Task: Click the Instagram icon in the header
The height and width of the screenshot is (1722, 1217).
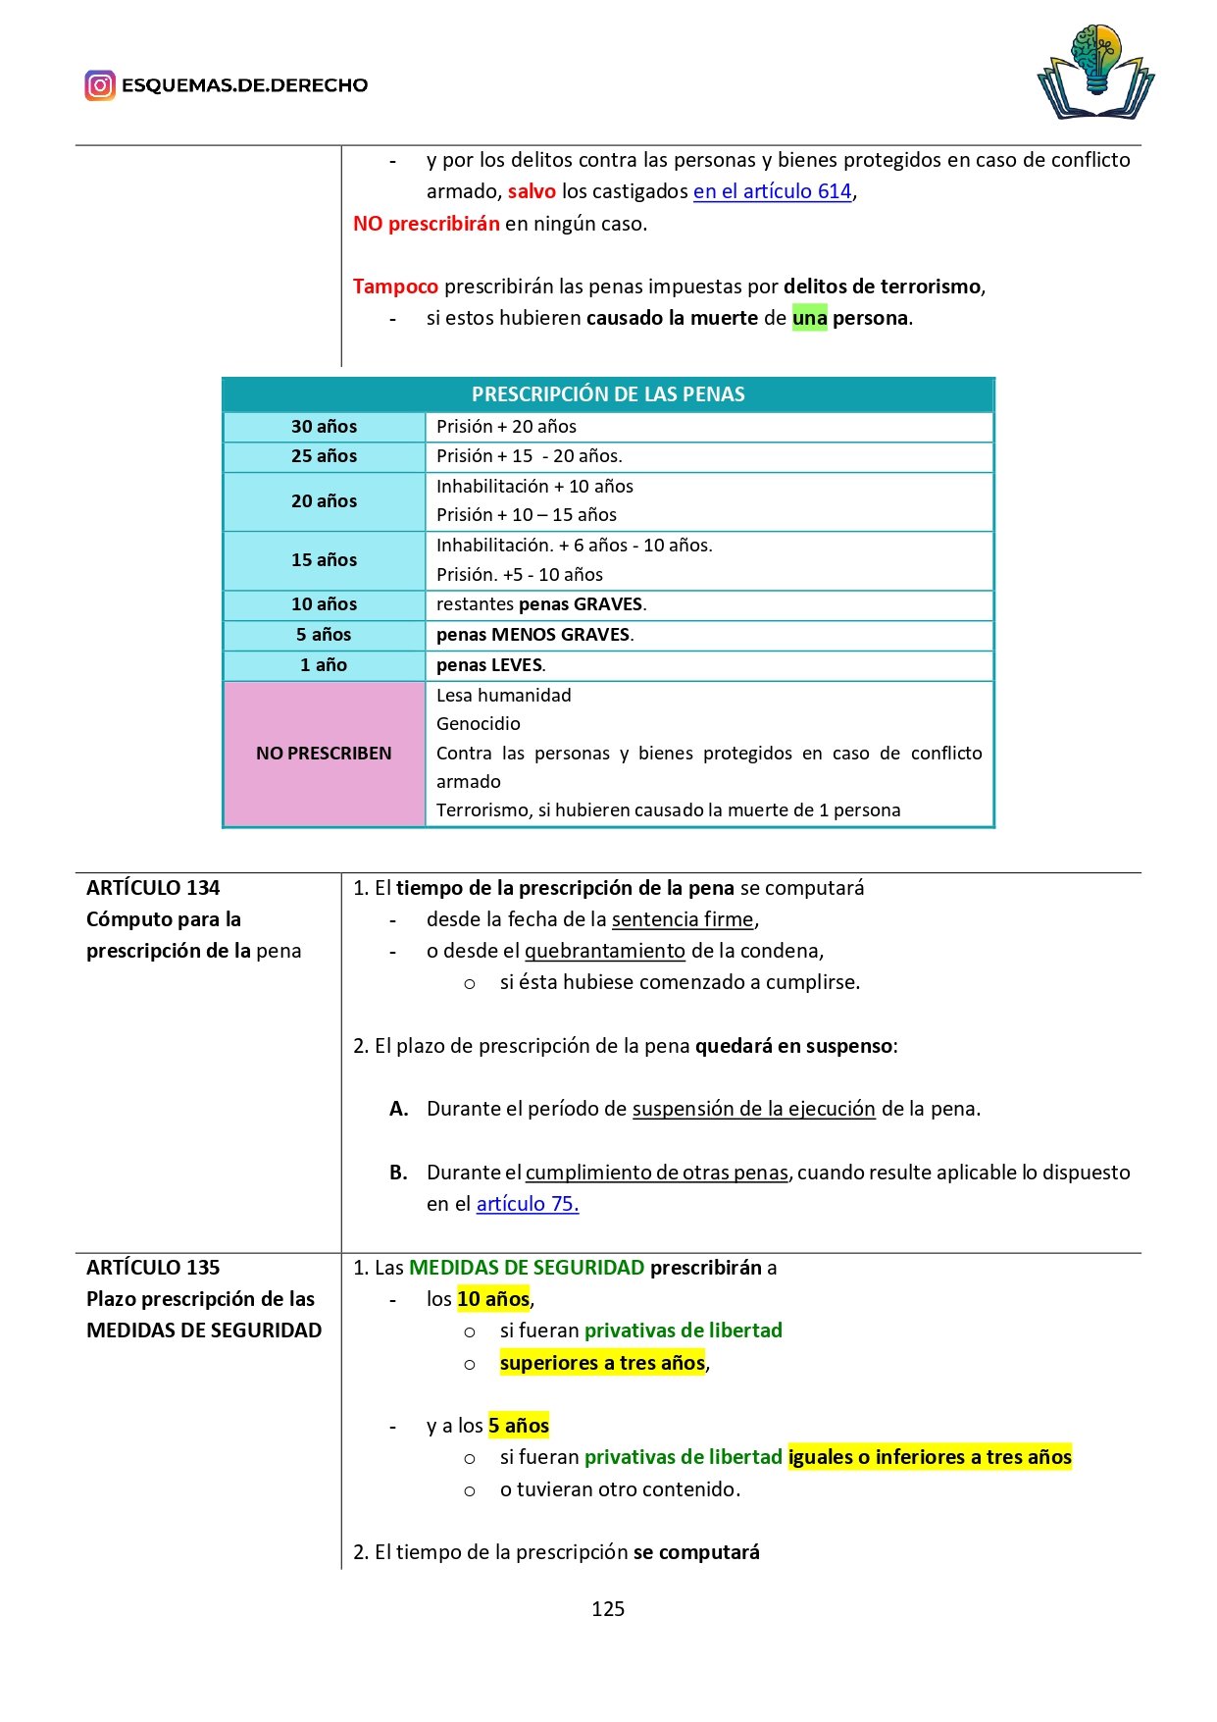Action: coord(100,85)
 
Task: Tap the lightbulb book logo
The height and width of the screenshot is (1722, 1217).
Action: coord(1095,73)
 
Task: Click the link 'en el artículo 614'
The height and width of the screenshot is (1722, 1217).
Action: coord(772,191)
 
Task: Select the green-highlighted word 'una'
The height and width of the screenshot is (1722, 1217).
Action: coord(809,318)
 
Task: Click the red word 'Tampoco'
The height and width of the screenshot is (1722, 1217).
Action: coord(395,287)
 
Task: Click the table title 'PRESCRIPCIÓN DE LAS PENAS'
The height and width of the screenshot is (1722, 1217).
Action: coord(608,394)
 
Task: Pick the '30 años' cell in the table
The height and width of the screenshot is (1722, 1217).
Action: coord(324,427)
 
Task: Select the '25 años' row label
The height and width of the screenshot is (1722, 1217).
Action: coord(324,456)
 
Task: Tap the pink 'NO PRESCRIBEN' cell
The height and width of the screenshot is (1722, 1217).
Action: coord(324,754)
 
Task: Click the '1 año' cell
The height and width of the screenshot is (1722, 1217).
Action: coord(324,665)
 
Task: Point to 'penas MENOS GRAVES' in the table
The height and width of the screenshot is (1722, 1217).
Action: coord(533,635)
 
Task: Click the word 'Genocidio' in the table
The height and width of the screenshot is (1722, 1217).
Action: coord(479,724)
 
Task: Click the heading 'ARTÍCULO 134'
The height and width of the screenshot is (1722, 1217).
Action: coord(153,888)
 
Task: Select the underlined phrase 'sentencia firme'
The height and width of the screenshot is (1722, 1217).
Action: coord(683,919)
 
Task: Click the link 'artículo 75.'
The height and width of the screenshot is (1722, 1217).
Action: coord(528,1204)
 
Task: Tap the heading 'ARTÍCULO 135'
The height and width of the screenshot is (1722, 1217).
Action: coord(153,1268)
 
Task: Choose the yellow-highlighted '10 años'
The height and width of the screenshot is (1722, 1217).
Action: coord(493,1299)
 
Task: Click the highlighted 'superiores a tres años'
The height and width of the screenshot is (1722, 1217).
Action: coord(602,1363)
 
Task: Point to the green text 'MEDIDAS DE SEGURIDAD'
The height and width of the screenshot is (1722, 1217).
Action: coord(527,1268)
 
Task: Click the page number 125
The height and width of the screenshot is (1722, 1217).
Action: coord(608,1609)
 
